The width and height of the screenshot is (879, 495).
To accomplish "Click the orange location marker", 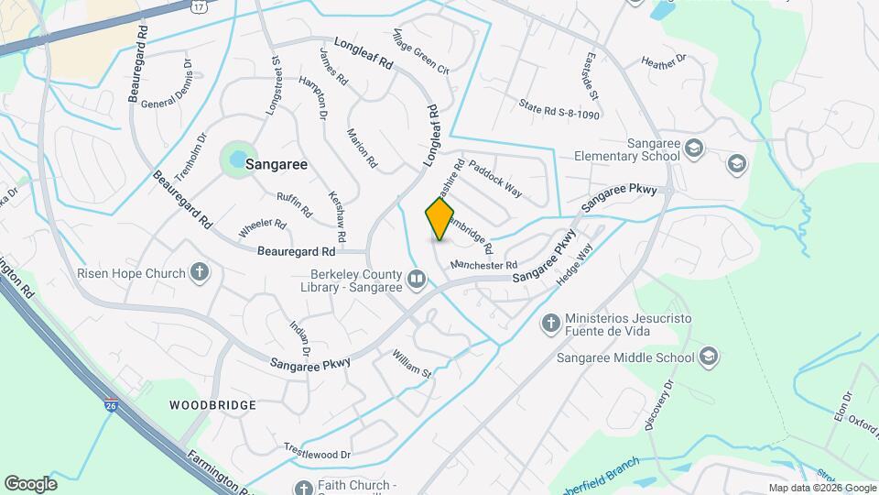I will (x=439, y=219).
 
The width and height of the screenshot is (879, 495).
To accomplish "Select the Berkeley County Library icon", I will (x=417, y=278).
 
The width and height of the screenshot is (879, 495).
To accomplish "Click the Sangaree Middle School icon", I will (x=708, y=356).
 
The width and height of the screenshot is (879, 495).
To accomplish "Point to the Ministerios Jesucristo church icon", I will (x=550, y=323).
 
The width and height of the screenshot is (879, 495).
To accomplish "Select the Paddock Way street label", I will (x=495, y=180).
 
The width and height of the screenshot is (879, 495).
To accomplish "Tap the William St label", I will (x=411, y=363).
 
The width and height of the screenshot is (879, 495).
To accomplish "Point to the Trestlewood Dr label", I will (x=318, y=454).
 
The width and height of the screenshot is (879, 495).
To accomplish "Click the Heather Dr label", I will (x=664, y=63).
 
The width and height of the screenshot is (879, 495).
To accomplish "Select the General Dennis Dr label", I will (x=166, y=85).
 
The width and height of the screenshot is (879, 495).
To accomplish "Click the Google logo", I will (x=30, y=483).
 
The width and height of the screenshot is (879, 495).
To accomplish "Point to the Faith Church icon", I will (x=303, y=488).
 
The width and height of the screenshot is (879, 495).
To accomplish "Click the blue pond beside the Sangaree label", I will (x=237, y=159).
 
